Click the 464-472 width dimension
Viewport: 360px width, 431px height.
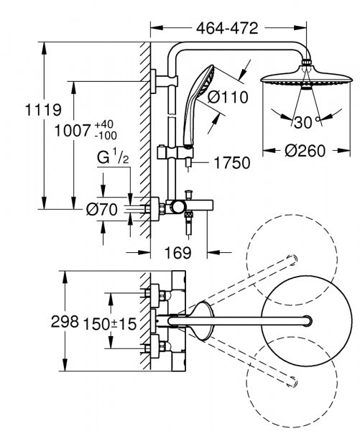pyautogui.click(x=226, y=29)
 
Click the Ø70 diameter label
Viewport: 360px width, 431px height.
pyautogui.click(x=101, y=210)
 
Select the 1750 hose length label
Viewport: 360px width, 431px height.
pyautogui.click(x=230, y=164)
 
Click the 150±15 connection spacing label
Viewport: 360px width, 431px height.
pyautogui.click(x=110, y=324)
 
